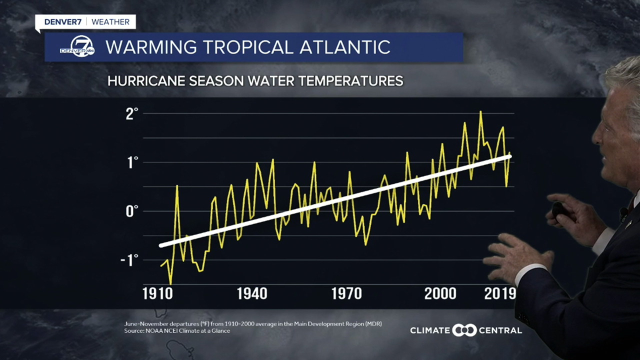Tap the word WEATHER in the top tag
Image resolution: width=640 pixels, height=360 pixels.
[110, 22]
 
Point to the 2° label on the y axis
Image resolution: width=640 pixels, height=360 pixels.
[132, 113]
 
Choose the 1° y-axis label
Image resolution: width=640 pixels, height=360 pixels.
[132, 162]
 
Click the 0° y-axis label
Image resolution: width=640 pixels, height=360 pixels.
[132, 211]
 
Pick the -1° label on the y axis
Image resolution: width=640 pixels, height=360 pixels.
[129, 260]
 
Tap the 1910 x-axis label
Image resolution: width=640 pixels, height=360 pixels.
[158, 293]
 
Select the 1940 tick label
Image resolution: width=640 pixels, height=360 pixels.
[252, 293]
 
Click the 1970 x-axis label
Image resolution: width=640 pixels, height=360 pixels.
[346, 293]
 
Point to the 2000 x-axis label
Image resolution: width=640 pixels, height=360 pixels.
[440, 293]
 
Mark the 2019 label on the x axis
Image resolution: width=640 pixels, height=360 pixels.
[499, 293]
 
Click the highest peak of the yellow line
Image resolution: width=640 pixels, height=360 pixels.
[480, 111]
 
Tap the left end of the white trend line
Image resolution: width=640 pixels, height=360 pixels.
[160, 245]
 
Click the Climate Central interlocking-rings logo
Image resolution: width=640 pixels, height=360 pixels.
[464, 330]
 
